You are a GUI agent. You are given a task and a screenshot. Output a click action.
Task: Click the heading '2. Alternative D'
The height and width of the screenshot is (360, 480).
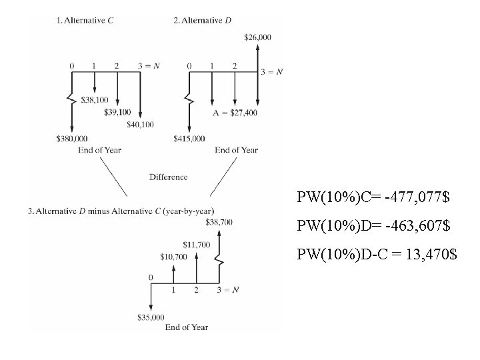click(203, 21)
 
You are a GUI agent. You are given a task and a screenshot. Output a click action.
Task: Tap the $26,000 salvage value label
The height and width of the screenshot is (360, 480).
click(258, 37)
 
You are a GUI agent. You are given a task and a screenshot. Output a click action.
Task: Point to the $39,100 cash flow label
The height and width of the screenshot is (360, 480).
click(117, 112)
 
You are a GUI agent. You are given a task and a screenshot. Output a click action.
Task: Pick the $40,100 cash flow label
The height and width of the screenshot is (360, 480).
click(140, 124)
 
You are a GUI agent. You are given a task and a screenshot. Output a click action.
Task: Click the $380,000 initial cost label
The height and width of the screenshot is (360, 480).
click(72, 138)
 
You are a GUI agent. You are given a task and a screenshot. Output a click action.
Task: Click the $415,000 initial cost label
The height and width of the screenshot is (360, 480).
click(189, 138)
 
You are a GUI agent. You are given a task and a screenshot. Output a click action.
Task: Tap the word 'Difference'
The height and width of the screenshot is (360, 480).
click(169, 177)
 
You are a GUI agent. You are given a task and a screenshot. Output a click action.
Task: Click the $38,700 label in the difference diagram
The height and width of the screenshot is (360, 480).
click(219, 221)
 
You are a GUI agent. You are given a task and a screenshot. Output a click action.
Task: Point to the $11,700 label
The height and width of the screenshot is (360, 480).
click(196, 245)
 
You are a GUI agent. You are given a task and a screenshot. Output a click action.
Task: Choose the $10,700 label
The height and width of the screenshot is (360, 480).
click(174, 256)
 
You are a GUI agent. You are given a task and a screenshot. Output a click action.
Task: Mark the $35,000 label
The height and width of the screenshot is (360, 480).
click(150, 317)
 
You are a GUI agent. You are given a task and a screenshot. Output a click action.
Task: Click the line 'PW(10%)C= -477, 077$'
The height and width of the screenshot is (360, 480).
click(373, 198)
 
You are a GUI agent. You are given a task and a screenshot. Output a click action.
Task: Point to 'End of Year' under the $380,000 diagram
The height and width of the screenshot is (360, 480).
click(99, 150)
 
